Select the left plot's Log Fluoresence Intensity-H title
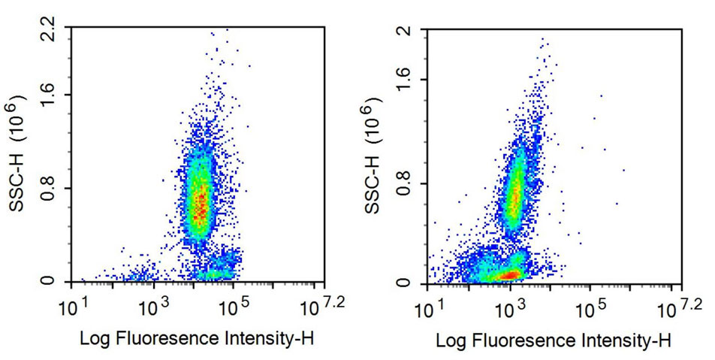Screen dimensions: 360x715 point(197,339)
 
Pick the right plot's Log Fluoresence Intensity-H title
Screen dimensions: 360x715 point(554,340)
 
